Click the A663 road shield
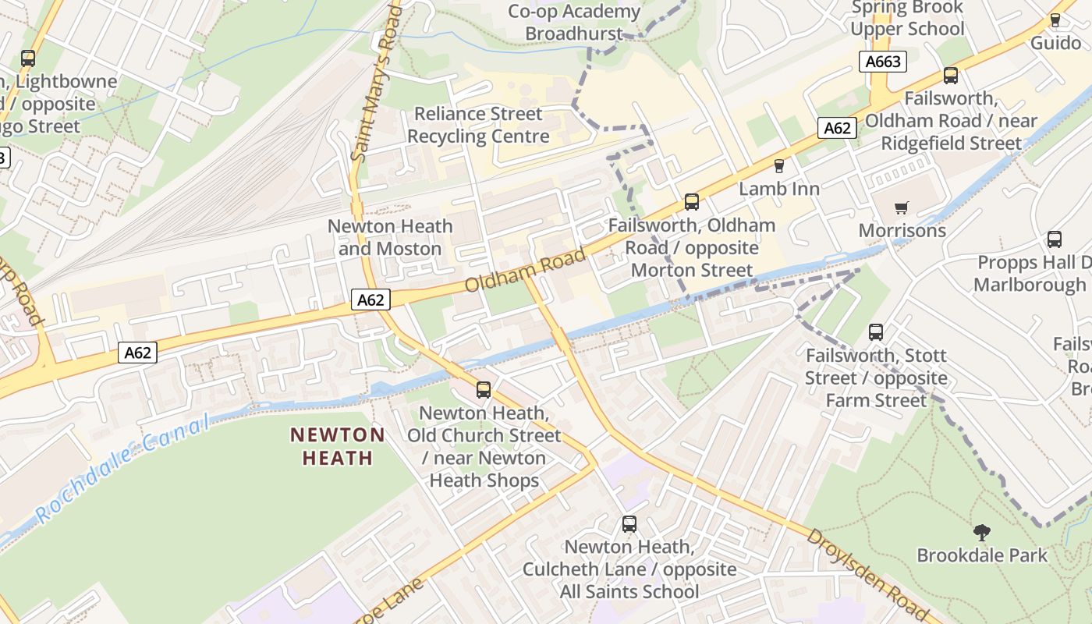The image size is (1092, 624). tap(883, 62)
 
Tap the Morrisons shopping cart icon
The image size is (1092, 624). tap(902, 207)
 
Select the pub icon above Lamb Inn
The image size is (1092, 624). tap(778, 165)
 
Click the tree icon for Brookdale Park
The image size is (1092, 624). tap(981, 533)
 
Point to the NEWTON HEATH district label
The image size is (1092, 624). tap(338, 446)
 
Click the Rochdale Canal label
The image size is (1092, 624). tap(122, 468)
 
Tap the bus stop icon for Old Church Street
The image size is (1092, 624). tap(484, 389)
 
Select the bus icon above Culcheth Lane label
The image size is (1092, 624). tap(629, 524)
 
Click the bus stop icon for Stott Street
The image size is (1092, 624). tap(876, 332)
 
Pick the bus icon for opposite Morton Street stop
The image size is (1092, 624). tap(691, 202)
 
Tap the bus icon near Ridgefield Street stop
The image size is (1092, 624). tap(950, 76)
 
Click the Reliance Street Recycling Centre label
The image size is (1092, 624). tap(478, 126)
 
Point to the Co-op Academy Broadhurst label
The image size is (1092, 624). tap(574, 23)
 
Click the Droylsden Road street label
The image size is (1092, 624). tap(873, 574)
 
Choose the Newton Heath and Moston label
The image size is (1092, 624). tap(390, 237)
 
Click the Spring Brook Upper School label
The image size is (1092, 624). tap(907, 19)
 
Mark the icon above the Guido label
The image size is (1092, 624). tap(1055, 19)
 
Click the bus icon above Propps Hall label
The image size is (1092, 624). tap(1054, 239)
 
